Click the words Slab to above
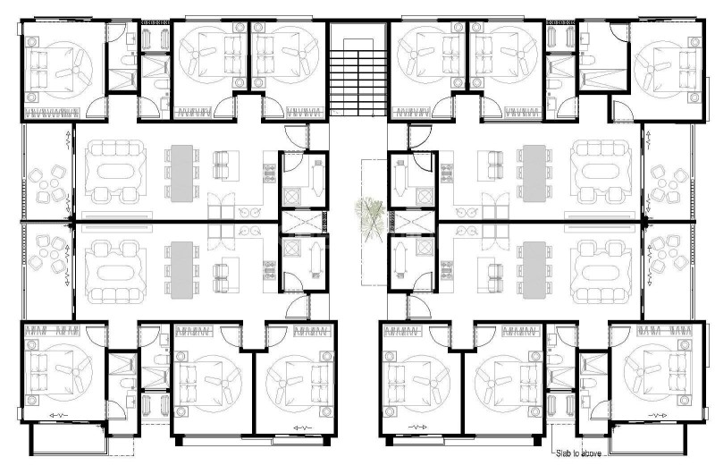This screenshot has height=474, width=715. tap(578, 453)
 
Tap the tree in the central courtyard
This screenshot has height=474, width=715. tap(370, 217)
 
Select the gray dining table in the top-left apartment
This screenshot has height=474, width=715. tap(182, 173)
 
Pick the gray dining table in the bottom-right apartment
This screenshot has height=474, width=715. tap(534, 270)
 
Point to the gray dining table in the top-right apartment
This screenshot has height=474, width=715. tap(534, 173)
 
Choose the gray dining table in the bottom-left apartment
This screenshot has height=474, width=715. tap(182, 270)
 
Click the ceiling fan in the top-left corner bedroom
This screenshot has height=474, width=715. tap(70, 70)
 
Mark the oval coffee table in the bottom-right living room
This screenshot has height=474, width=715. tap(600, 274)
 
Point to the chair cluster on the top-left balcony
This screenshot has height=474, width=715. tap(47, 184)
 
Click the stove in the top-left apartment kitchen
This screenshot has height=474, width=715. tap(270, 174)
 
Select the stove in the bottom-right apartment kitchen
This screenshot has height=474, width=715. tap(446, 269)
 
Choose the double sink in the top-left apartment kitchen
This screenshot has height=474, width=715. tap(248, 212)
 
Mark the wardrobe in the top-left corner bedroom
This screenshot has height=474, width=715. tap(52, 114)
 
